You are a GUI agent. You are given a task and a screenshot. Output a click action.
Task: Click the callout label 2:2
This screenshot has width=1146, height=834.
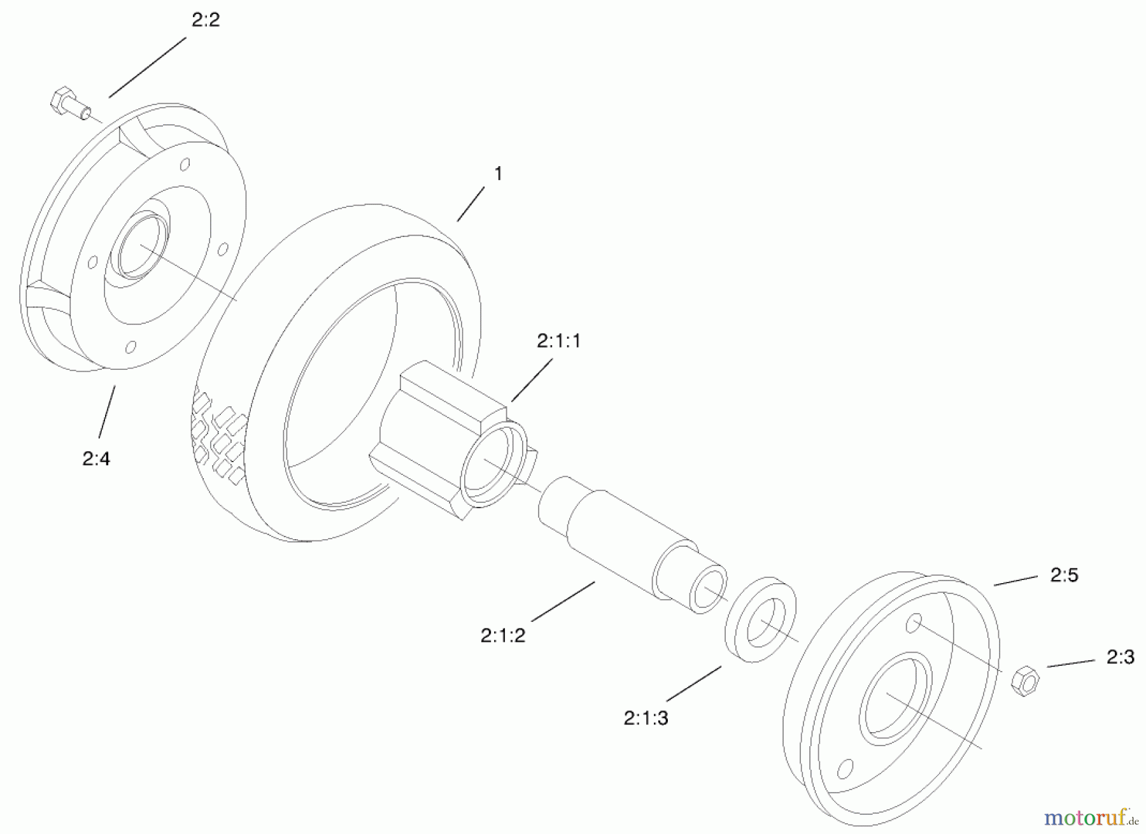click(206, 20)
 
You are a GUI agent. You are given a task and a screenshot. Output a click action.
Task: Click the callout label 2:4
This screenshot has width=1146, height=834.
click(96, 458)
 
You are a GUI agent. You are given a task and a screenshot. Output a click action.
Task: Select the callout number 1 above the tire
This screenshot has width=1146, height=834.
click(499, 173)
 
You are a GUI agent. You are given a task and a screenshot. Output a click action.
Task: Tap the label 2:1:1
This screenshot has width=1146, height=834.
click(558, 342)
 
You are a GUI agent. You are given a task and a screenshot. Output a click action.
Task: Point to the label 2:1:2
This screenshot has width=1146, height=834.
click(503, 635)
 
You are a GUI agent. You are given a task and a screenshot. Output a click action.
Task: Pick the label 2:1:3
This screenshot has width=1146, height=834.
click(646, 718)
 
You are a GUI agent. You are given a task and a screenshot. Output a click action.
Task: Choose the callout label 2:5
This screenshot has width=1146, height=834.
click(1064, 576)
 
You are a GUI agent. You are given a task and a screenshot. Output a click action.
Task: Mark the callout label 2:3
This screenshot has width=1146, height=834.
click(1121, 657)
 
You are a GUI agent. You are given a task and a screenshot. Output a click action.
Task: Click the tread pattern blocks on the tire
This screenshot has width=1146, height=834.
click(220, 439)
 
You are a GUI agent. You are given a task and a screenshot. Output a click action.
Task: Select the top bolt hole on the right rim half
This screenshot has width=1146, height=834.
click(914, 623)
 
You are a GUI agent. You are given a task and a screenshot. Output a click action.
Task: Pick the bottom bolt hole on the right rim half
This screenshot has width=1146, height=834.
click(845, 768)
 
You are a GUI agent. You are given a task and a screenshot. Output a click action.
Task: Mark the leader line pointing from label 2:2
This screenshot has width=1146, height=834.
click(148, 67)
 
